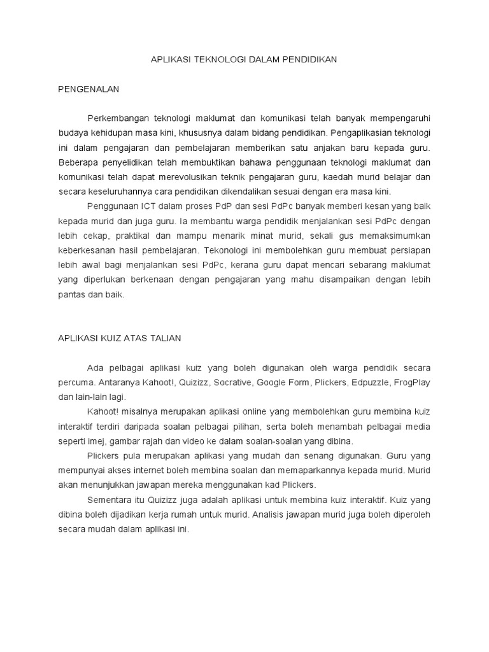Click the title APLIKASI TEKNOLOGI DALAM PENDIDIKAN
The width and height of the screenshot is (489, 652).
click(244, 60)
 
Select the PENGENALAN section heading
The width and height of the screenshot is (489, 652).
click(89, 90)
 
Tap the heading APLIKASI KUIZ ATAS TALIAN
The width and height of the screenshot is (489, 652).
click(119, 338)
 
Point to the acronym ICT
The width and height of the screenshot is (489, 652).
click(140, 206)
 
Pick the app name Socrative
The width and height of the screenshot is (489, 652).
click(230, 383)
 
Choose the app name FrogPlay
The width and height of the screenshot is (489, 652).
click(412, 383)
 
